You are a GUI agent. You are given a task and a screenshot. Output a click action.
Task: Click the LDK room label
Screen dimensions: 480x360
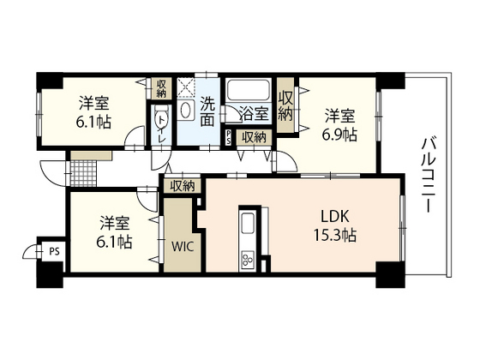pyautogui.click(x=334, y=216)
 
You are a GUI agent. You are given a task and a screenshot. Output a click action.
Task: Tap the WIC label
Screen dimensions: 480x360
pyautogui.click(x=183, y=246)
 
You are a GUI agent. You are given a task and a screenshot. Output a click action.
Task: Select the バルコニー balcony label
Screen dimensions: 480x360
pyautogui.click(x=428, y=175)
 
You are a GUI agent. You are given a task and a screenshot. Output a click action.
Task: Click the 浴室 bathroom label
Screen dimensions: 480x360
pyautogui.click(x=254, y=113)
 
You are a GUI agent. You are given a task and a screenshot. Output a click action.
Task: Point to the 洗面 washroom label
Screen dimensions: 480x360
pyautogui.click(x=207, y=111)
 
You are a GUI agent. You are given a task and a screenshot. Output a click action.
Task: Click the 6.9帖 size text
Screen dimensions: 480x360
pyautogui.click(x=339, y=134)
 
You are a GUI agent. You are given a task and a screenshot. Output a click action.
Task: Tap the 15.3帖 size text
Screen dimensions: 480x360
pyautogui.click(x=334, y=235)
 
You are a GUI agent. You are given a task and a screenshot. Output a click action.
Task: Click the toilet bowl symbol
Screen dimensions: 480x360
pyautogui.click(x=161, y=118)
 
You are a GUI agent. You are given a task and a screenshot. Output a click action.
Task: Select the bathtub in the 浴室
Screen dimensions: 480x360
pyautogui.click(x=248, y=90)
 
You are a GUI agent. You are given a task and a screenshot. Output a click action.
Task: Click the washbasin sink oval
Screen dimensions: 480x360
pyautogui.click(x=185, y=111)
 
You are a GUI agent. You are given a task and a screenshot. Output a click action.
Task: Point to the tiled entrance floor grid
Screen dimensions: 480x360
pyautogui.click(x=84, y=172)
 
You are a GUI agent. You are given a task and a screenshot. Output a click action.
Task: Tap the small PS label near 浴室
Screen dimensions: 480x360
pyautogui.click(x=228, y=137)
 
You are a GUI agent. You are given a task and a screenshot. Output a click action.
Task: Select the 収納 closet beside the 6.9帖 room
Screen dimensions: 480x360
pyautogui.click(x=285, y=105)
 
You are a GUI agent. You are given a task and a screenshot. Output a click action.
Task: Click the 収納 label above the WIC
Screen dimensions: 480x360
pyautogui.click(x=183, y=186)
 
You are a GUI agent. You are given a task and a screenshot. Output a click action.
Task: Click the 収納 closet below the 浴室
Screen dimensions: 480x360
pyautogui.click(x=254, y=137)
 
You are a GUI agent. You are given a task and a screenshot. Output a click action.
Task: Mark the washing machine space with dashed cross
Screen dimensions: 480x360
pyautogui.click(x=186, y=87)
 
